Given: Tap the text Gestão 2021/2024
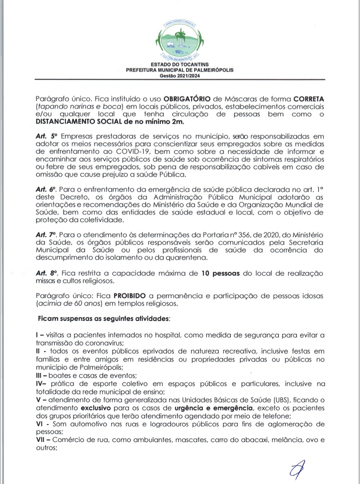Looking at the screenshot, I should tap(179, 75).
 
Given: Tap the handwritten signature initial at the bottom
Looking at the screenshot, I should tap(297, 468).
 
